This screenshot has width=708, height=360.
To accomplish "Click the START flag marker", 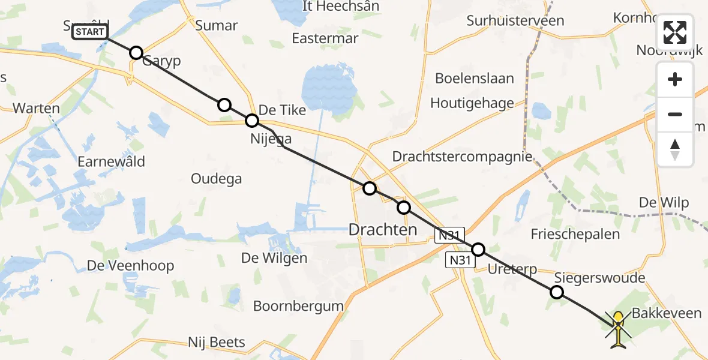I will click(90, 32).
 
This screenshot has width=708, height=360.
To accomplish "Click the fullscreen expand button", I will click(675, 32).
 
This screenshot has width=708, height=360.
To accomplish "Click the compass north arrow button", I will click(675, 149).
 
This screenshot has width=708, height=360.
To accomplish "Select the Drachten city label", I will click(383, 229).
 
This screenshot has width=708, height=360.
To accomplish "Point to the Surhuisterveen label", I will click(516, 21).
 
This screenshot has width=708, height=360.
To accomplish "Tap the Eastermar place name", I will click(325, 38).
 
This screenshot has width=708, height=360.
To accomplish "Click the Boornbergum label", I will click(298, 306).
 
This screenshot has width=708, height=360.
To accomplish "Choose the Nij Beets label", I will click(217, 343).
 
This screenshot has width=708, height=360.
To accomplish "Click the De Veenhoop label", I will click(130, 265).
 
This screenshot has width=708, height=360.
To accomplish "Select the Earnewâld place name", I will click(111, 161).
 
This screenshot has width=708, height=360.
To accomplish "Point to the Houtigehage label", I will click(472, 103).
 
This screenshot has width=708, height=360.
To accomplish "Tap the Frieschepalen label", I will click(575, 233).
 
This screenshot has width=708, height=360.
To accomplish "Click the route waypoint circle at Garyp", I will click(136, 53).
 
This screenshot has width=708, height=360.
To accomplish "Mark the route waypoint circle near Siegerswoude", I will click(557, 292).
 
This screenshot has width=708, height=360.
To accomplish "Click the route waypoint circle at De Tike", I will click(252, 121).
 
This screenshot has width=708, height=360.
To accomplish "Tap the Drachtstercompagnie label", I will click(462, 157).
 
